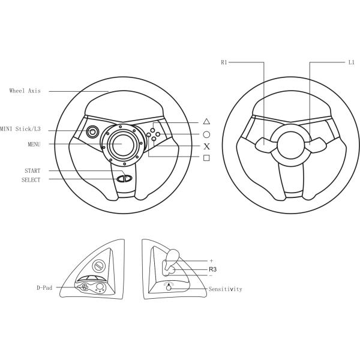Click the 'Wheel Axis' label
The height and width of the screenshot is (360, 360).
[25, 91]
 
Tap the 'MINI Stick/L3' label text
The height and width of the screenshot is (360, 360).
[20, 129]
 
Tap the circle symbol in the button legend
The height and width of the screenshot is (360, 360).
[206, 135]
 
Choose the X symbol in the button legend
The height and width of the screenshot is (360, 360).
[206, 146]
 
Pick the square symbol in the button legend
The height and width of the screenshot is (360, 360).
[206, 157]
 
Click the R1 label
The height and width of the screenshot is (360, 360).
[224, 62]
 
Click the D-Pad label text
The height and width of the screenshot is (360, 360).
[44, 288]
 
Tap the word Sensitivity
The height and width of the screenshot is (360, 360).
[225, 289]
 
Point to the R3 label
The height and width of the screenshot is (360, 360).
[212, 269]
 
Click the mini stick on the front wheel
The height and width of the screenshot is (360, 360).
[93, 131]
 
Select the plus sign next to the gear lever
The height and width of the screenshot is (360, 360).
[211, 261]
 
